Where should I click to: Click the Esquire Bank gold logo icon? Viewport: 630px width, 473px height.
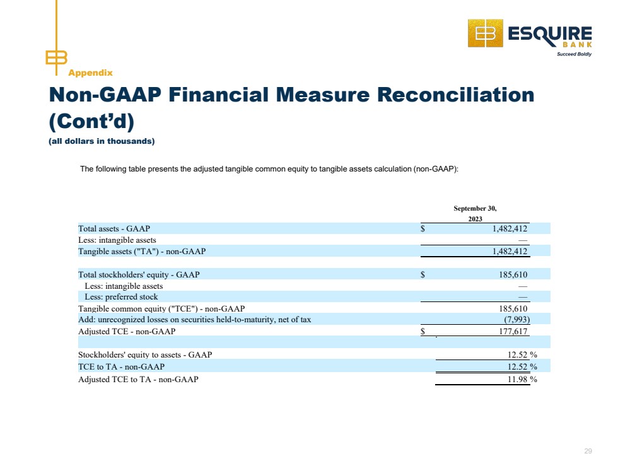coord(485,33)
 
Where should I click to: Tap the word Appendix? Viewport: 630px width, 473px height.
coord(90,73)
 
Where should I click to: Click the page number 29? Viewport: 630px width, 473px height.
coord(588,452)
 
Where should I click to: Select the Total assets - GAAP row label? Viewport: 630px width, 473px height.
coord(114,229)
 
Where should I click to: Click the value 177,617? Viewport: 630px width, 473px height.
coord(513,332)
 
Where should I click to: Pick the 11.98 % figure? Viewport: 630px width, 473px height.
coord(522,380)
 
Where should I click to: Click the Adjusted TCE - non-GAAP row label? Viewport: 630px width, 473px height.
coord(127,332)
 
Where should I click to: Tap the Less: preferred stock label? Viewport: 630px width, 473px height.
coord(121,297)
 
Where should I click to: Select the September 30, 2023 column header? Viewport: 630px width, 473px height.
coord(475,213)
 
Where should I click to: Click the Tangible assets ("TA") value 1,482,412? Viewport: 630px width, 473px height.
coord(510,252)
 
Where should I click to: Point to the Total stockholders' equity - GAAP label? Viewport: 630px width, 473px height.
coord(139,275)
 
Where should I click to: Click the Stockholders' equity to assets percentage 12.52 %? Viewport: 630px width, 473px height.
coord(522,355)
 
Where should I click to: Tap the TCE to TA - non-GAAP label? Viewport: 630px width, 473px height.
coord(121,367)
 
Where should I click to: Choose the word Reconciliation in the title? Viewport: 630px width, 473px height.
coord(455,95)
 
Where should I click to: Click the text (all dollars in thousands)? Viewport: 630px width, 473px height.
coord(102,141)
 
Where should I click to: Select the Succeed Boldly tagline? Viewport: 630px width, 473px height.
coord(574,54)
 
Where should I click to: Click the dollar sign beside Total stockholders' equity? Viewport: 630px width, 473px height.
coord(423,275)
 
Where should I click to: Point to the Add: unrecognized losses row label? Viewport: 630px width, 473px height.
coord(195,320)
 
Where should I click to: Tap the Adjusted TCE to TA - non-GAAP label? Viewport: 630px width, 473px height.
coord(138,380)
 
